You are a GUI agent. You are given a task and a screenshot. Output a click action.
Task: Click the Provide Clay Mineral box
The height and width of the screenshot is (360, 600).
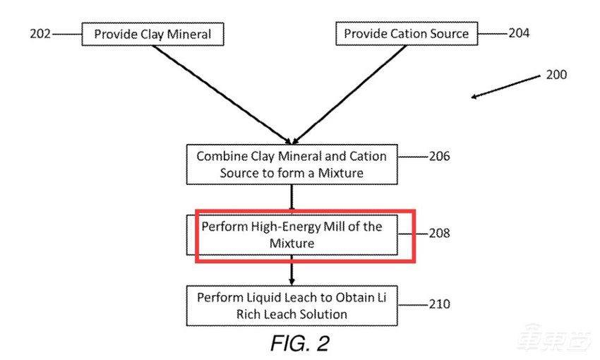pyautogui.click(x=152, y=34)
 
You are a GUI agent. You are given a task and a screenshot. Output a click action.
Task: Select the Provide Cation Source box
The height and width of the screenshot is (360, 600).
pyautogui.click(x=406, y=34)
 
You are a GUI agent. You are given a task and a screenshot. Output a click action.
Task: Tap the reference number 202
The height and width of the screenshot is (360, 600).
pyautogui.click(x=40, y=34)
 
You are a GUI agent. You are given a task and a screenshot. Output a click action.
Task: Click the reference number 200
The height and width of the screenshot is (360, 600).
pyautogui.click(x=556, y=74)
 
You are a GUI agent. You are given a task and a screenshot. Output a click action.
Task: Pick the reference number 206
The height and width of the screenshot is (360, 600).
pyautogui.click(x=439, y=156)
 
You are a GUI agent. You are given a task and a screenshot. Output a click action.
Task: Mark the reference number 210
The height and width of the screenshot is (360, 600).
pyautogui.click(x=438, y=305)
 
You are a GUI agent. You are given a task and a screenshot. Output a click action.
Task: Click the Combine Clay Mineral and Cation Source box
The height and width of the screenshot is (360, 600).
pyautogui.click(x=291, y=164)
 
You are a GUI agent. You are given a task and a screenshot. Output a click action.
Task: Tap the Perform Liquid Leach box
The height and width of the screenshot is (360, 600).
pyautogui.click(x=291, y=305)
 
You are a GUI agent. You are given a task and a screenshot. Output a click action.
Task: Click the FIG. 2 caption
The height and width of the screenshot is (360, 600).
pyautogui.click(x=299, y=343)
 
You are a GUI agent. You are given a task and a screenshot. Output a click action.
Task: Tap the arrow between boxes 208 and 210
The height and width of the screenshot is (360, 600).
pyautogui.click(x=291, y=270)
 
